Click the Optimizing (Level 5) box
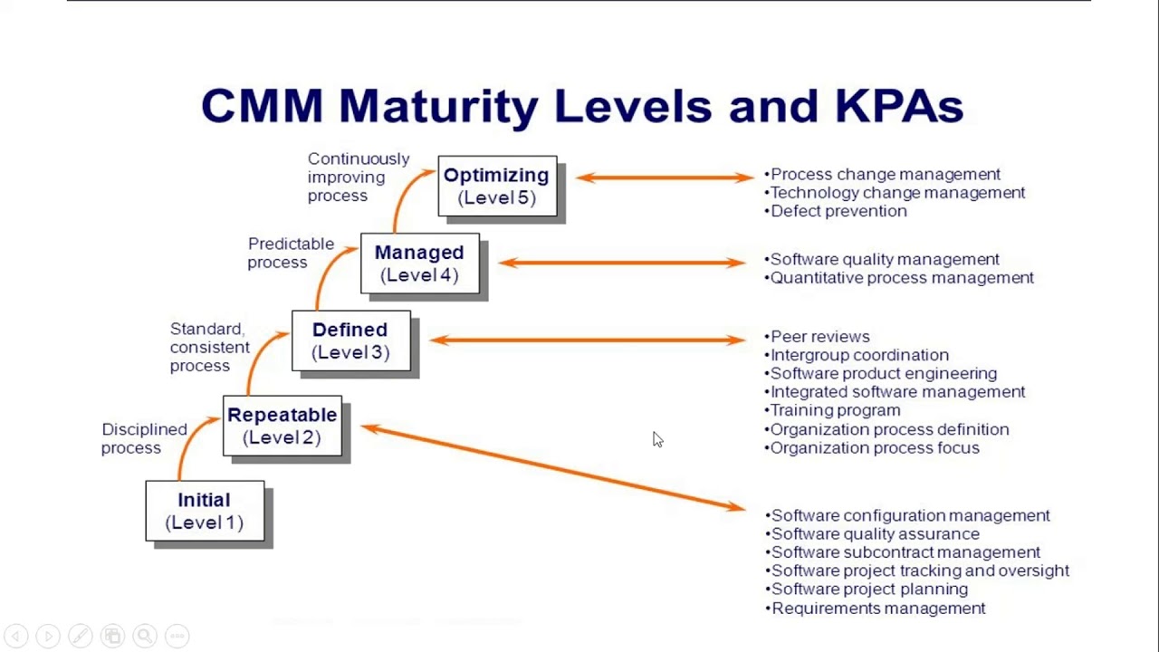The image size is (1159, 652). (x=496, y=186)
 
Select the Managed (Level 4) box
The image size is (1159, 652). (x=419, y=264)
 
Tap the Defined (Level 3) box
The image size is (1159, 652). (x=350, y=340)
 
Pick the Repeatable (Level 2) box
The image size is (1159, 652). (x=282, y=426)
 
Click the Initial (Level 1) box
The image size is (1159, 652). (x=205, y=511)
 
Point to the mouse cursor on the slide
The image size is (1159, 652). (x=656, y=439)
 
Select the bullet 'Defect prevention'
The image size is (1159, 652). (x=838, y=211)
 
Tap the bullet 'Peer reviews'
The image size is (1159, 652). (x=819, y=337)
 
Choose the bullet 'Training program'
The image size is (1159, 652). (x=835, y=410)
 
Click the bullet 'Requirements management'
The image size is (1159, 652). (x=878, y=609)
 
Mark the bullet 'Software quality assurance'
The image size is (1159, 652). (x=875, y=534)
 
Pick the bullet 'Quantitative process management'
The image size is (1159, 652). (x=902, y=278)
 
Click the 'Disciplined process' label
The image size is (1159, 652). (x=144, y=438)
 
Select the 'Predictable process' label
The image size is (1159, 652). (x=291, y=253)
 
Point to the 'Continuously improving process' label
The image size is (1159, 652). (x=358, y=177)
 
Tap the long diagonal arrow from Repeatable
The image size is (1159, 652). (x=552, y=467)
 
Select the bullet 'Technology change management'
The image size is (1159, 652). (x=897, y=193)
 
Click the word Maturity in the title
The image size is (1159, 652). (x=438, y=106)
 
